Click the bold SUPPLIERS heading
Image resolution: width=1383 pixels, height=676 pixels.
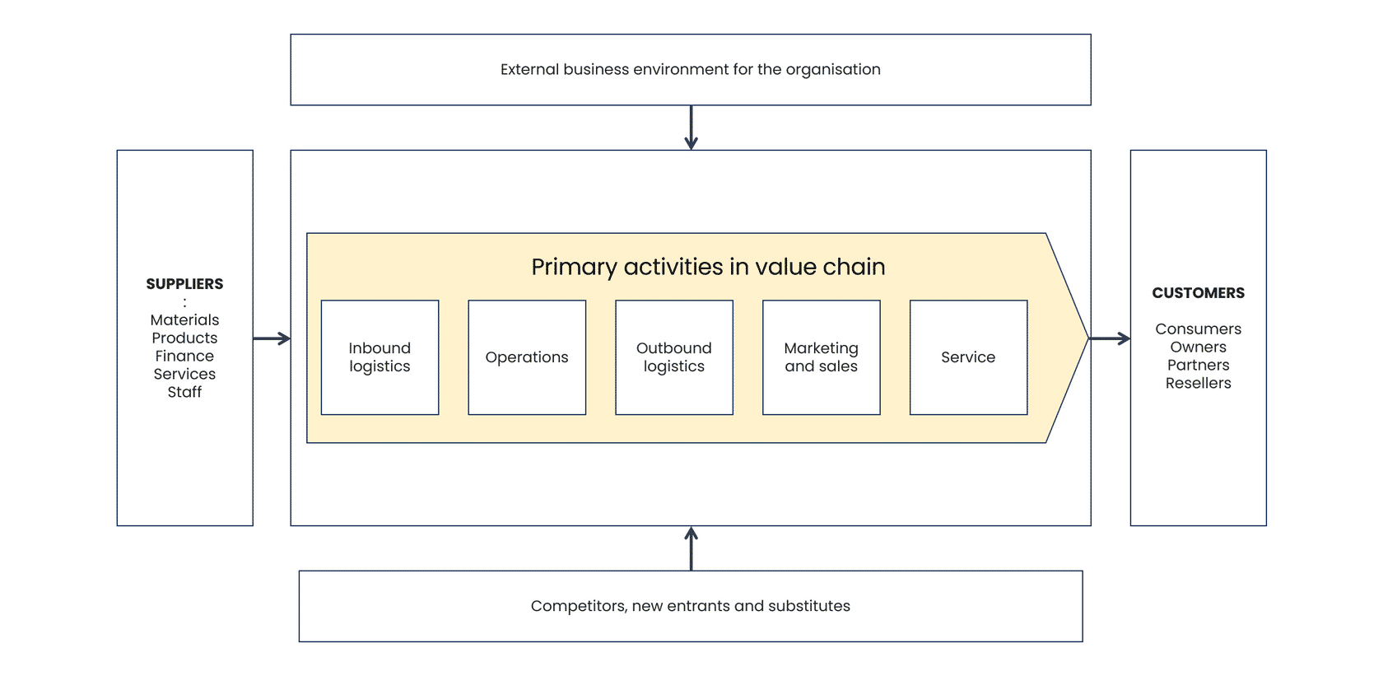(x=184, y=284)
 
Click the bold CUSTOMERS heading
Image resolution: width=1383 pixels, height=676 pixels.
(x=1199, y=293)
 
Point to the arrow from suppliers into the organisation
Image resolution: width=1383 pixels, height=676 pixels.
(x=272, y=338)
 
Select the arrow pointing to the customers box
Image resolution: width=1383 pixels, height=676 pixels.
(x=1110, y=338)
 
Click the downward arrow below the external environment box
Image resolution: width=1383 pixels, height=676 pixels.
(x=691, y=127)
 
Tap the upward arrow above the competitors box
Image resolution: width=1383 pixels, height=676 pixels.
(x=691, y=548)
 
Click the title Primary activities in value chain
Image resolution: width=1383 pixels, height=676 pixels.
(x=708, y=268)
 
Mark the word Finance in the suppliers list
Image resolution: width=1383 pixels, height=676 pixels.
(x=184, y=357)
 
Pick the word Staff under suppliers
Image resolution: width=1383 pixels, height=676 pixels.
(x=184, y=392)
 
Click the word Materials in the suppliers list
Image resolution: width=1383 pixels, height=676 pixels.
(x=184, y=319)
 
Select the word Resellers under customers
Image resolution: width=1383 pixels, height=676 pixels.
(x=1199, y=384)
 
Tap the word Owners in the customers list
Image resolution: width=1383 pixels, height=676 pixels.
(x=1199, y=347)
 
